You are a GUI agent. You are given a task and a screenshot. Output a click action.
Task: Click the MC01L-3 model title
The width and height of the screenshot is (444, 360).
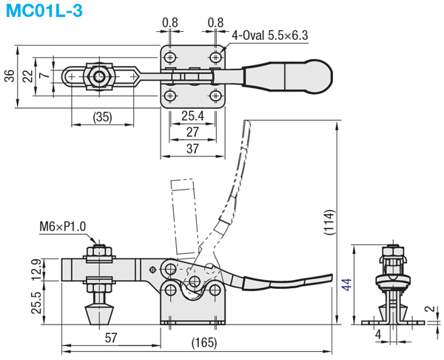click(44, 10)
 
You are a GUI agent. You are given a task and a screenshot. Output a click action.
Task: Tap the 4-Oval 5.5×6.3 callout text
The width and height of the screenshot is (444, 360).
click(270, 36)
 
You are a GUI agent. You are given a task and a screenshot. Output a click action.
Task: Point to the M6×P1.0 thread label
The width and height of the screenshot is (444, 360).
click(62, 227)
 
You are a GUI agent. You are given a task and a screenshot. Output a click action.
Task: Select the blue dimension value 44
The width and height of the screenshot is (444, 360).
click(347, 284)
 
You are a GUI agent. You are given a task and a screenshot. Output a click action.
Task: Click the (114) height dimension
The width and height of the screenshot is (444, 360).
click(329, 222)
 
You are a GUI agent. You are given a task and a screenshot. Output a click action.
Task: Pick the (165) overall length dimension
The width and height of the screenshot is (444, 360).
click(204, 343)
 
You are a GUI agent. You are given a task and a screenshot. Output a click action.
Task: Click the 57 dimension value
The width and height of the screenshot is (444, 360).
click(111, 338)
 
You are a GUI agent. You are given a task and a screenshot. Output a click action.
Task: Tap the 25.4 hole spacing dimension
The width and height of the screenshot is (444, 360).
click(192, 116)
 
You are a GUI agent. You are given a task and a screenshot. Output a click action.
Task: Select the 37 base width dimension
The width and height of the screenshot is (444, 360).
click(192, 149)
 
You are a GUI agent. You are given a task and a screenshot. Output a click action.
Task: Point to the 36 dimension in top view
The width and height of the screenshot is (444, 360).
click(10, 76)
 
